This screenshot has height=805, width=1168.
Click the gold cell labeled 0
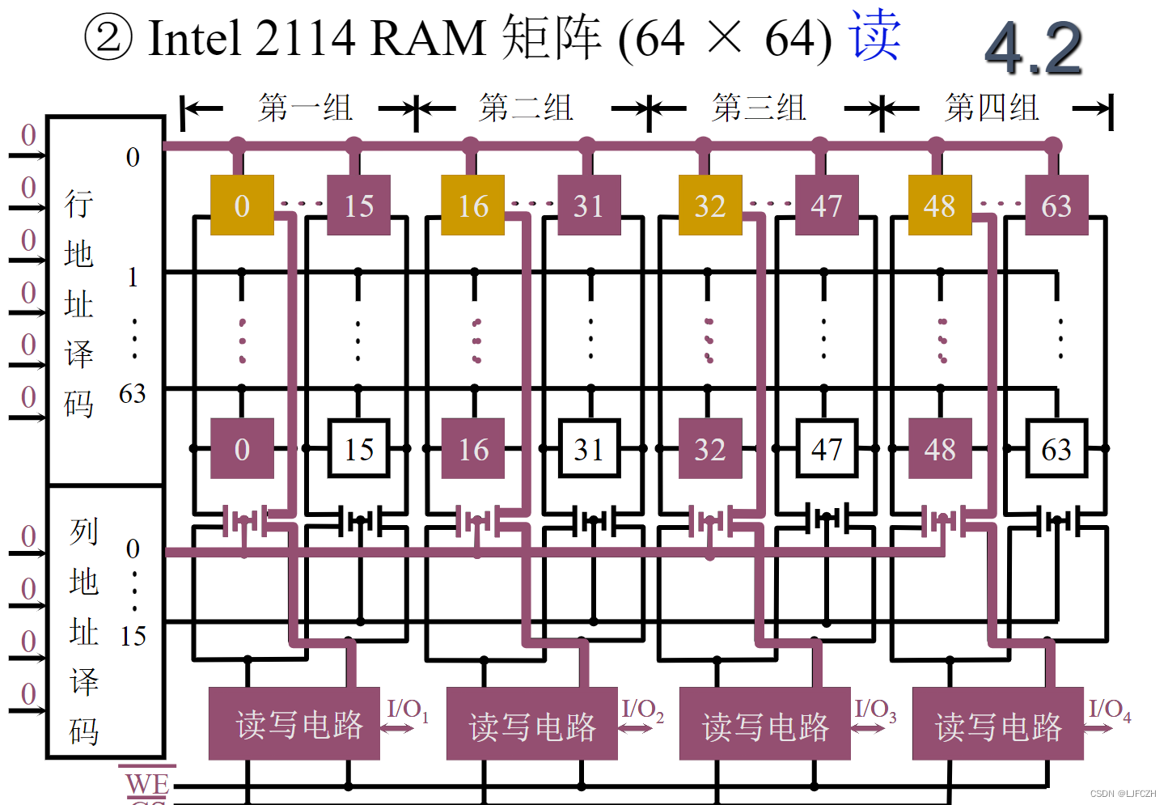tap(242, 205)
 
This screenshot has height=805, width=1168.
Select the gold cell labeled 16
tap(472, 205)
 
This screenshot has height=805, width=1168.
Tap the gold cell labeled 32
tap(709, 205)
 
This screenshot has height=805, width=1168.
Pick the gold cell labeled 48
tap(939, 205)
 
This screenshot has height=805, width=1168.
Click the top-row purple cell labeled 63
tap(1056, 205)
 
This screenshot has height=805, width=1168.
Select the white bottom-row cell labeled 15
tap(358, 448)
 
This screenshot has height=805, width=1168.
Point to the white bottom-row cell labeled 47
tap(826, 448)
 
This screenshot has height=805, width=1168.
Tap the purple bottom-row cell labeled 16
tap(473, 448)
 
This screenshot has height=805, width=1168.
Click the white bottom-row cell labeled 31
tap(589, 448)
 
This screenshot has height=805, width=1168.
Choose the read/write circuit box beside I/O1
tap(294, 723)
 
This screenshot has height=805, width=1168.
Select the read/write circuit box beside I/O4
tap(997, 723)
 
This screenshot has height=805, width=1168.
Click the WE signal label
tap(147, 782)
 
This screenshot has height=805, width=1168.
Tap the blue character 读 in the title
tap(874, 36)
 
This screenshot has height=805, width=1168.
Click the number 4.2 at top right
tap(1034, 49)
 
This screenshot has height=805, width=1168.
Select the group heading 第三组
tap(759, 108)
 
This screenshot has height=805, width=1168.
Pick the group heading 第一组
tap(305, 108)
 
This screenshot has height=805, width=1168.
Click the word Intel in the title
tap(195, 38)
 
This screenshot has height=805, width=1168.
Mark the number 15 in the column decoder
tap(133, 636)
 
